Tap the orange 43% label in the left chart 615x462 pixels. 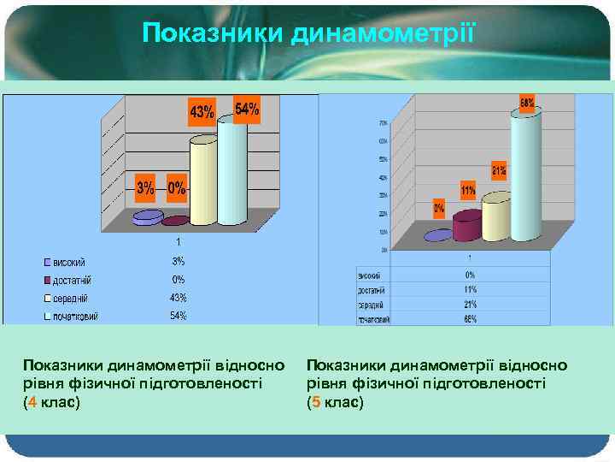click(202, 111)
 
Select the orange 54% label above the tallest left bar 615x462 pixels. click(246, 110)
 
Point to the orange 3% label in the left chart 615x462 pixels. click(146, 187)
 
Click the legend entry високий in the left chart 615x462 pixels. click(71, 262)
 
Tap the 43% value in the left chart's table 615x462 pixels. click(178, 298)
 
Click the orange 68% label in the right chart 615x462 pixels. click(527, 103)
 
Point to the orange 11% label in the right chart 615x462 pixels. click(468, 188)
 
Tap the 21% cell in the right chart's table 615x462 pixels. click(470, 305)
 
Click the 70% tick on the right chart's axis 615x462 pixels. click(383, 122)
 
